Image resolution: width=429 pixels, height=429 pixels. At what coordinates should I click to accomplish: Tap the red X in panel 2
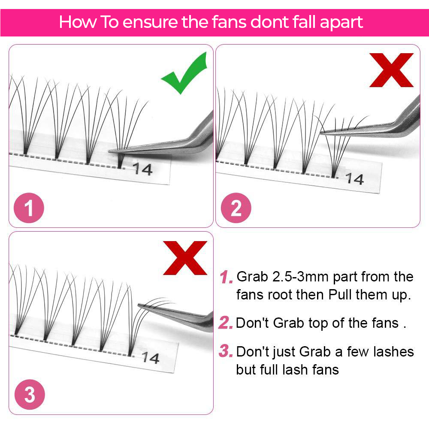tap(391, 70)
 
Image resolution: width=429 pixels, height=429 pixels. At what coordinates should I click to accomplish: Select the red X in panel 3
tap(185, 258)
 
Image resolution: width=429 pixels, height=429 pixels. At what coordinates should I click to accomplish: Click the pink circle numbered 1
tap(29, 208)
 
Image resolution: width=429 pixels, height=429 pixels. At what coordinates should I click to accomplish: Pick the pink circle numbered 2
tap(236, 208)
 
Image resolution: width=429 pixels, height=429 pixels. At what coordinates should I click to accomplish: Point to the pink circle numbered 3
tap(30, 394)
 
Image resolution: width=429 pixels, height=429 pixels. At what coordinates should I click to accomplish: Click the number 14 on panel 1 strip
tap(142, 169)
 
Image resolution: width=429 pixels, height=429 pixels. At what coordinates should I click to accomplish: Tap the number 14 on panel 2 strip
tap(354, 179)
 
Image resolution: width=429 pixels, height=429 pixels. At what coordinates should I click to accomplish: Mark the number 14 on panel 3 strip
tap(150, 358)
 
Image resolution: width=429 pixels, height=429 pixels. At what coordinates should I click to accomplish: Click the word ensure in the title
tap(150, 22)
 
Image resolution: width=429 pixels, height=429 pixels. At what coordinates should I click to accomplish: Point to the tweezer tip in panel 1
tap(109, 151)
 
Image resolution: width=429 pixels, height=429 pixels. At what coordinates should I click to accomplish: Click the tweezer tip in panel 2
tap(320, 133)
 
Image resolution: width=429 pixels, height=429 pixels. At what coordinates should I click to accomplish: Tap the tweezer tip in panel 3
tap(139, 305)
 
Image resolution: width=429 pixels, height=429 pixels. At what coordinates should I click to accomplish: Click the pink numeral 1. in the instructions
tap(226, 277)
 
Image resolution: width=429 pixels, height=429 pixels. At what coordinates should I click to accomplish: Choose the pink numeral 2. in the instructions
tap(226, 323)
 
